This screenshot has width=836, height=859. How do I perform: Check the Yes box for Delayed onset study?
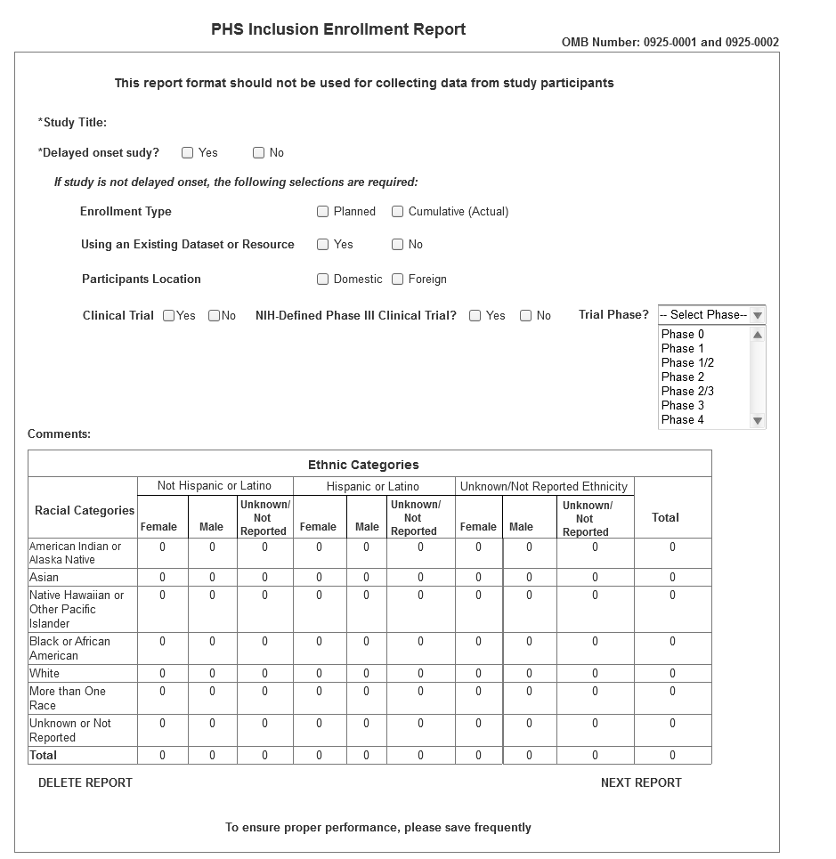tap(188, 153)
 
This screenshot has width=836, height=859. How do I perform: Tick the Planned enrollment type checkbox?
tap(323, 212)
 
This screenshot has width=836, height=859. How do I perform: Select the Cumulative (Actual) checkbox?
tap(398, 212)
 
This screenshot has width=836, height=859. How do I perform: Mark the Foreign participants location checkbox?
tap(398, 280)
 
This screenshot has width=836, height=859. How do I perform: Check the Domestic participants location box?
tap(323, 280)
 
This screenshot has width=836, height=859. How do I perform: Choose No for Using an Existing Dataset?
tap(398, 245)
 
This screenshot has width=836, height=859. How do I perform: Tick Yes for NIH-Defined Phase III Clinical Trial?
tap(475, 316)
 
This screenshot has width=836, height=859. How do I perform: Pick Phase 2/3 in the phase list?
tap(687, 392)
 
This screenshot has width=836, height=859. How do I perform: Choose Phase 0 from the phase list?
tap(683, 335)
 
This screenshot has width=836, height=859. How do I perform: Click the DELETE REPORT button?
tap(85, 783)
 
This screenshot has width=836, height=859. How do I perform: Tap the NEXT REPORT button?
tap(641, 783)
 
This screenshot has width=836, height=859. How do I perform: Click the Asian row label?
tap(44, 578)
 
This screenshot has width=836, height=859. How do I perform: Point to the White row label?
tap(45, 674)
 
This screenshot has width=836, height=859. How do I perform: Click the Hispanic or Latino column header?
tap(373, 487)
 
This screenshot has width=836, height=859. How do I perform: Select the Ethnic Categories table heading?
tap(363, 465)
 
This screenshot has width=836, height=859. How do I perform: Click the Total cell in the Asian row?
tap(672, 578)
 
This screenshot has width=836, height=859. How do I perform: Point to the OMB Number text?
tap(670, 43)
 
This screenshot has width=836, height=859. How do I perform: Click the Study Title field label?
tap(73, 123)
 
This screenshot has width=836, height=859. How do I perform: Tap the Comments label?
tap(59, 434)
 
